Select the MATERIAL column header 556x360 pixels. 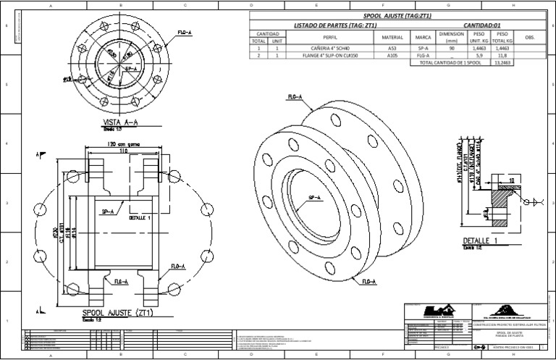coord(392,38)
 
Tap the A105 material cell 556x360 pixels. coord(392,54)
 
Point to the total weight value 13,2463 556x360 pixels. coord(502,63)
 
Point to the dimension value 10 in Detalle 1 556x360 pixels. coord(511,180)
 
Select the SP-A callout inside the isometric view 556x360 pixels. coord(316,197)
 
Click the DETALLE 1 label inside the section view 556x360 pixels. coord(140,217)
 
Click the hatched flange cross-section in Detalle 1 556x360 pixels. coord(500,196)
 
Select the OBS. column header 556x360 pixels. coord(528,38)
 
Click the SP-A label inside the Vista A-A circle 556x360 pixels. coord(132,69)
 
